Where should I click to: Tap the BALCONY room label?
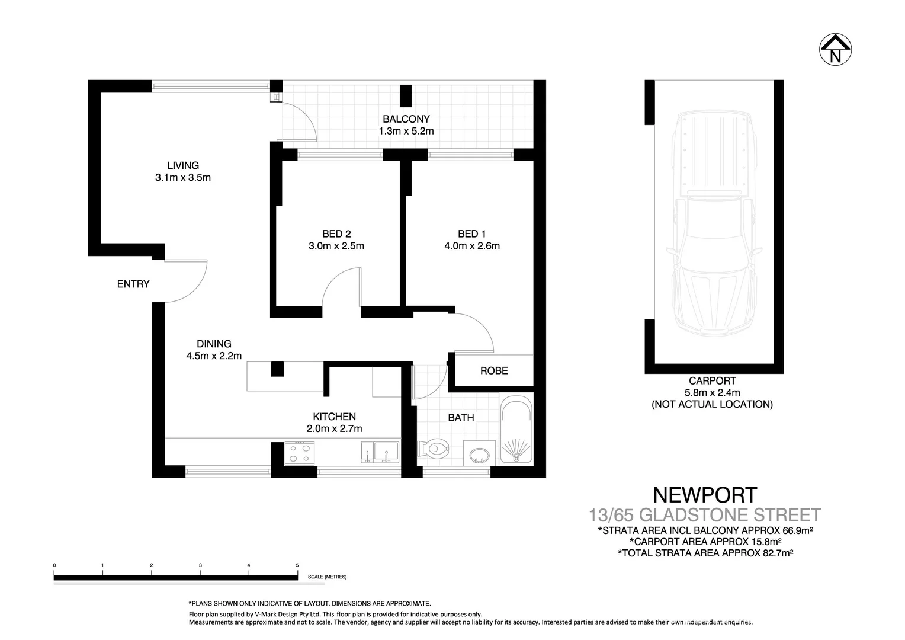(x=406, y=119)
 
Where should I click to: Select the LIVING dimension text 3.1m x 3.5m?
(x=183, y=177)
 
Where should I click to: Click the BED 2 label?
(x=336, y=234)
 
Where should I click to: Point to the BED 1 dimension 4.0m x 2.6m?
(x=471, y=246)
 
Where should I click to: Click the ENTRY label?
(x=133, y=284)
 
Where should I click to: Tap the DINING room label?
(x=214, y=344)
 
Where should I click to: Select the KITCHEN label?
(x=334, y=417)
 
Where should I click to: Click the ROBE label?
(x=493, y=371)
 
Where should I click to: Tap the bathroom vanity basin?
(x=479, y=455)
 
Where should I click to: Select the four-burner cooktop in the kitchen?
(x=300, y=453)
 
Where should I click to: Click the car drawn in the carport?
(x=713, y=225)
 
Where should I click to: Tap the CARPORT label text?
(x=712, y=381)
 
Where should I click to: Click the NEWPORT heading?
(x=704, y=495)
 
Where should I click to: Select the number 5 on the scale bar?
(x=297, y=565)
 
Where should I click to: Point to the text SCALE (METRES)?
(x=327, y=577)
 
